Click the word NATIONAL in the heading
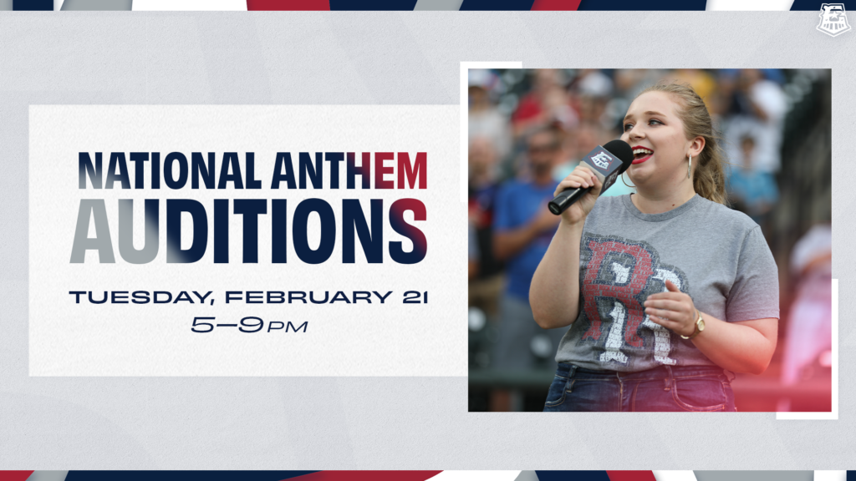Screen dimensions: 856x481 (x=170, y=170)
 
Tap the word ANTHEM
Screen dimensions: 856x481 (x=349, y=170)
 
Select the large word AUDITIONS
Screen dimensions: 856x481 (x=248, y=231)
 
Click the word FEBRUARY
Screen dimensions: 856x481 (x=308, y=297)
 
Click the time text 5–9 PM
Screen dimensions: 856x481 (x=249, y=326)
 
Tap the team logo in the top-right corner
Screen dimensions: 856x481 (x=833, y=19)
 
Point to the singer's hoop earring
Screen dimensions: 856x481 (x=690, y=166)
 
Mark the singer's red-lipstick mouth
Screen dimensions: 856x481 (x=643, y=154)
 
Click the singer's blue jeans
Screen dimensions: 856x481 (x=639, y=387)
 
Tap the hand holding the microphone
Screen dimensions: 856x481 (x=574, y=193)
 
